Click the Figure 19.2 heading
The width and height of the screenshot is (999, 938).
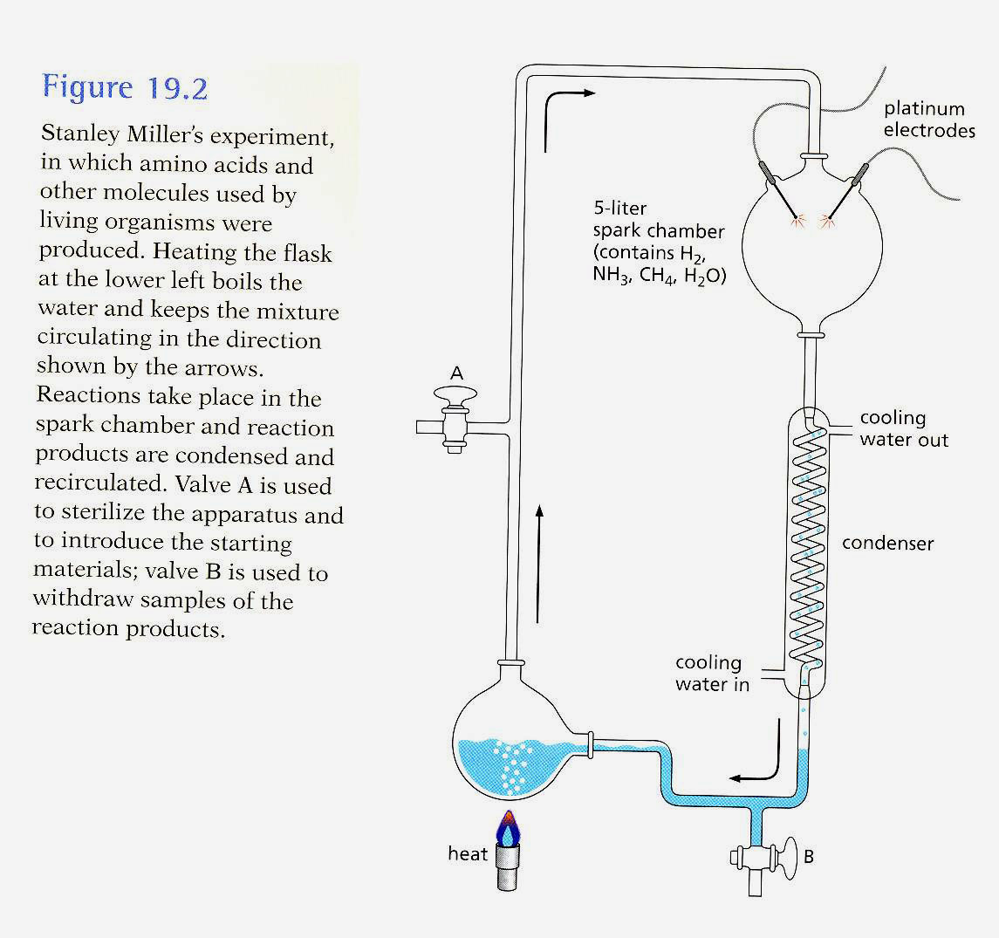tap(125, 88)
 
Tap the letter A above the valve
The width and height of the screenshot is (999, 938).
tap(456, 373)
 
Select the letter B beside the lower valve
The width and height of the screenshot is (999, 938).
tap(808, 856)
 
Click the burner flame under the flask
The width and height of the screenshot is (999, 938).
tap(507, 829)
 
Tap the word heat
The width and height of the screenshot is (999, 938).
tap(468, 853)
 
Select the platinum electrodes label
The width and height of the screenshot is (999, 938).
tap(927, 120)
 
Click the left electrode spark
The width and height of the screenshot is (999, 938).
tap(795, 222)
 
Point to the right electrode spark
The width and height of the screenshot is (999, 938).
tap(823, 222)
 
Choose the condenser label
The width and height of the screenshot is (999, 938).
tap(887, 544)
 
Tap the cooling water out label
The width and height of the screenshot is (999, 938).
tap(903, 428)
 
